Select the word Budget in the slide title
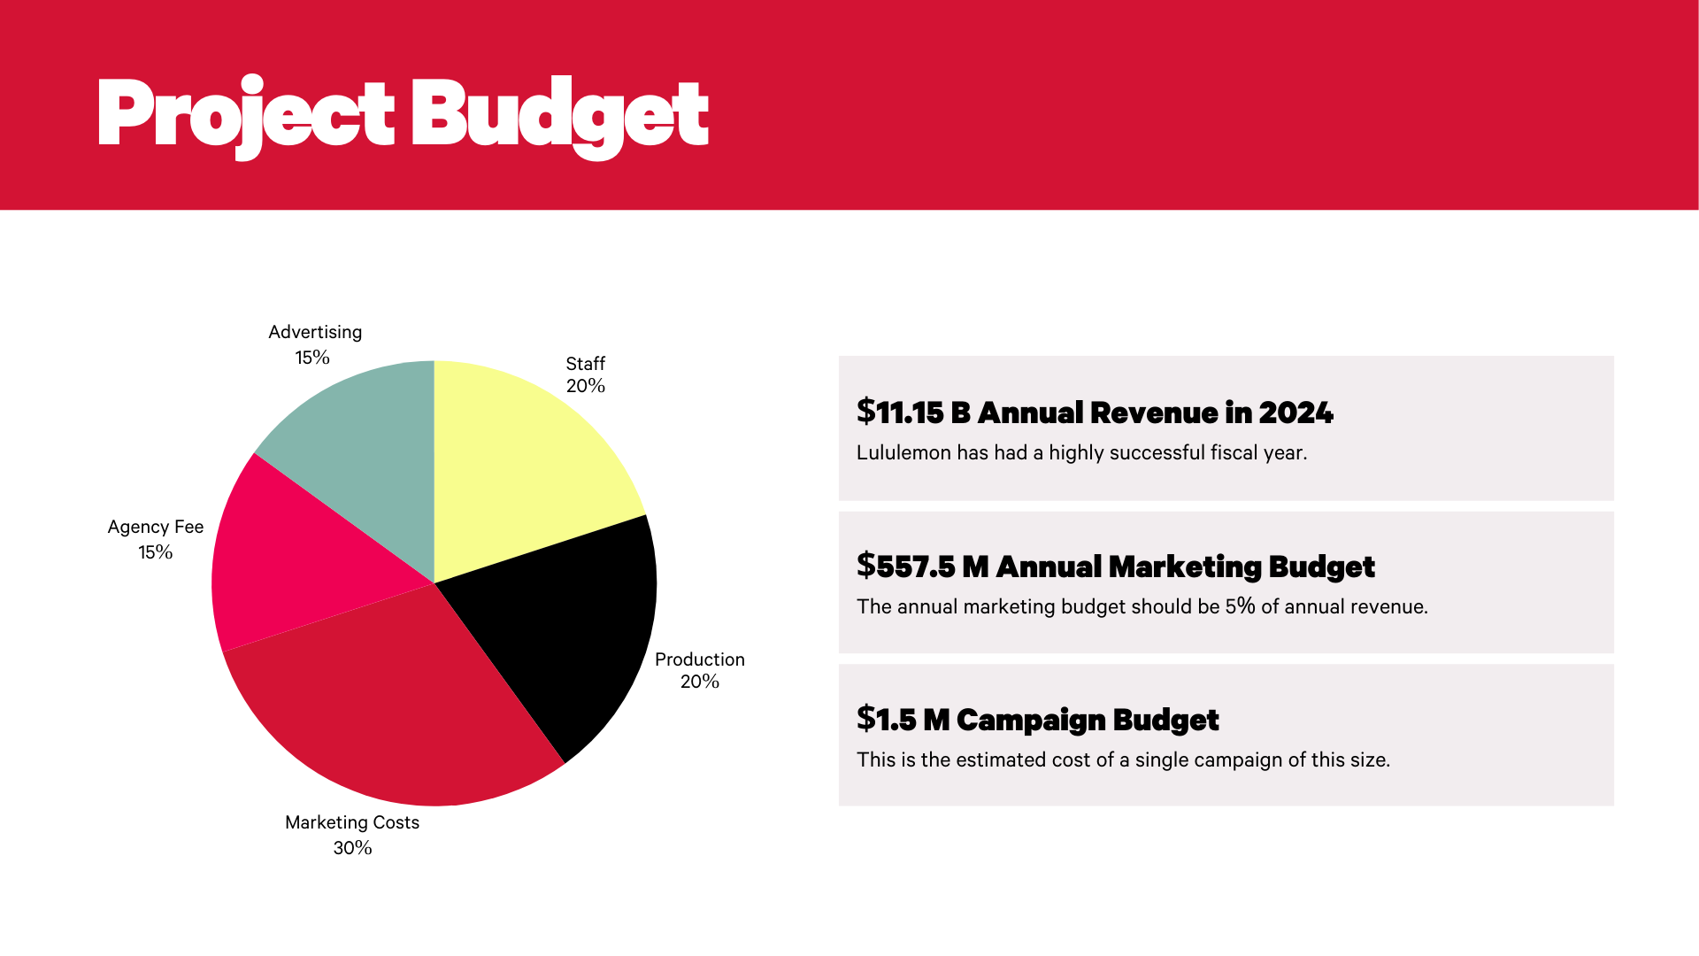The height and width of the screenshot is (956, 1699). [559, 115]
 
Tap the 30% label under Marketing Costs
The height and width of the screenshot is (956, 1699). [352, 848]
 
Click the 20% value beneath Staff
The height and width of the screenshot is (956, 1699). [586, 386]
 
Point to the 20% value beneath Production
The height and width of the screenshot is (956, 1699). [699, 682]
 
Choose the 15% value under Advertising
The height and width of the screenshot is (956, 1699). [312, 358]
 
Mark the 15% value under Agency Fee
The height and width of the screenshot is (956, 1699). [155, 552]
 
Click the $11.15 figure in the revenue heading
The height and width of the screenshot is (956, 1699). [900, 412]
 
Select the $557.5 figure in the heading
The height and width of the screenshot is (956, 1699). [906, 567]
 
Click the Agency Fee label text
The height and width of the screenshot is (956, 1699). [156, 527]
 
